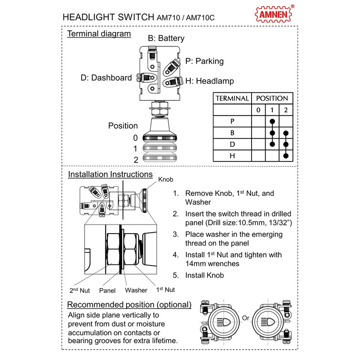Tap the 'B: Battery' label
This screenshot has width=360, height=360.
pyautogui.click(x=166, y=39)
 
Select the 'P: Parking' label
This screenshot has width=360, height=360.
pyautogui.click(x=204, y=61)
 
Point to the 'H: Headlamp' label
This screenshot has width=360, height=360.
pyautogui.click(x=209, y=81)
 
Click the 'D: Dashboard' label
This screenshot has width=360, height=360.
pyautogui.click(x=106, y=78)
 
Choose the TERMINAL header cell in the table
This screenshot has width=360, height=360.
pyautogui.click(x=232, y=98)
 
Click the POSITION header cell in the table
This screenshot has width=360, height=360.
pyautogui.click(x=272, y=98)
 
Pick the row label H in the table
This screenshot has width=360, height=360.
pyautogui.click(x=232, y=156)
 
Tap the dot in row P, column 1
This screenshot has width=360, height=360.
pyautogui.click(x=272, y=121)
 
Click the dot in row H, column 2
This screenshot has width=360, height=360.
pyautogui.click(x=286, y=156)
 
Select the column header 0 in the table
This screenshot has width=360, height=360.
pyautogui.click(x=258, y=110)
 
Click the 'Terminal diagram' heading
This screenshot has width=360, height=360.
pyautogui.click(x=99, y=34)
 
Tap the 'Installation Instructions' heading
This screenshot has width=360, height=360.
pyautogui.click(x=110, y=174)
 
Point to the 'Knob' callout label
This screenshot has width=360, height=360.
pyautogui.click(x=166, y=179)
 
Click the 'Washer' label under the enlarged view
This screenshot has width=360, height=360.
pyautogui.click(x=136, y=290)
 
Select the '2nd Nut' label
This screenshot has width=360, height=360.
pyautogui.click(x=80, y=290)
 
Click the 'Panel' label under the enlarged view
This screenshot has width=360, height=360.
pyautogui.click(x=108, y=290)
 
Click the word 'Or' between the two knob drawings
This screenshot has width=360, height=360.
pyautogui.click(x=246, y=318)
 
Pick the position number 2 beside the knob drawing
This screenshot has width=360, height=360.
pyautogui.click(x=135, y=159)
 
